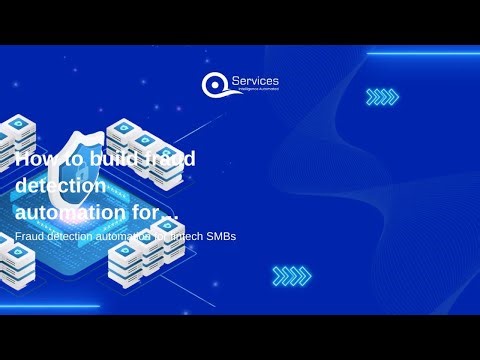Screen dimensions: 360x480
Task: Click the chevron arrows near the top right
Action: tap(382, 97)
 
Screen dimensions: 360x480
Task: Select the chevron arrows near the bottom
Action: tap(291, 274)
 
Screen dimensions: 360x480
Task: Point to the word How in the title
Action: tap(36, 158)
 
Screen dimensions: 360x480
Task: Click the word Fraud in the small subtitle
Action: tap(31, 236)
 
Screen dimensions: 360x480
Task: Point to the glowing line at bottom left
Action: tap(50, 306)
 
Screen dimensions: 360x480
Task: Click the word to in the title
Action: tap(71, 158)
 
